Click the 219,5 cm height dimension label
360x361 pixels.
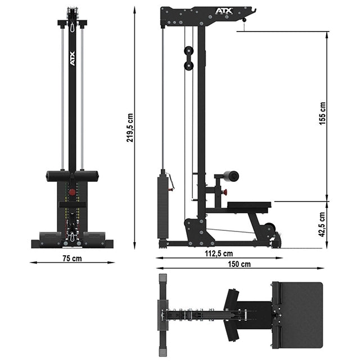click(130, 128)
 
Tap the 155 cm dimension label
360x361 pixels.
click(322, 114)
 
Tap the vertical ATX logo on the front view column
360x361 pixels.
click(72, 59)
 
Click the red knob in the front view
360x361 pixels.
click(72, 193)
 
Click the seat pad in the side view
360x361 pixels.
click(247, 205)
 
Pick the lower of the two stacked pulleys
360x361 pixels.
click(188, 66)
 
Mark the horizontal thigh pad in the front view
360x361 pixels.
click(72, 176)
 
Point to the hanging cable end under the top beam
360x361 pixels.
click(245, 21)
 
